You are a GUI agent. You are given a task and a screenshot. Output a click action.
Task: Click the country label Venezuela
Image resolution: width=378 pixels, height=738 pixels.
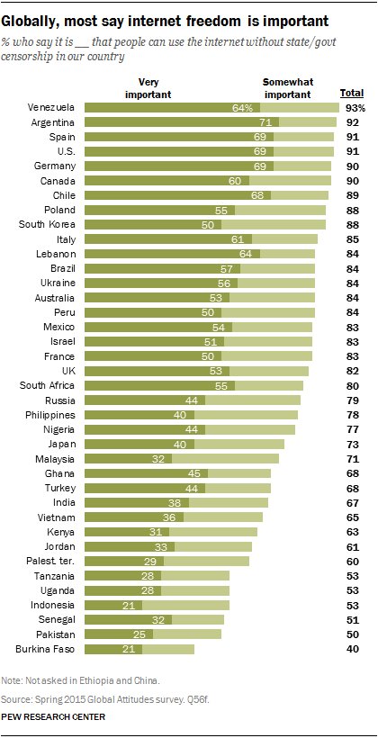[x=53, y=107]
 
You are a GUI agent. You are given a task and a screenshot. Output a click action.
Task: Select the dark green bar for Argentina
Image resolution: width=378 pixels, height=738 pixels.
[x=180, y=121]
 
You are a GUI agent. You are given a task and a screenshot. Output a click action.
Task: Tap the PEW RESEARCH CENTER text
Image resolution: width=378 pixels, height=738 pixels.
[x=54, y=716]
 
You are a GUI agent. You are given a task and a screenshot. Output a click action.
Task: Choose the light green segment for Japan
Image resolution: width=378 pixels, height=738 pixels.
[x=251, y=444]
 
